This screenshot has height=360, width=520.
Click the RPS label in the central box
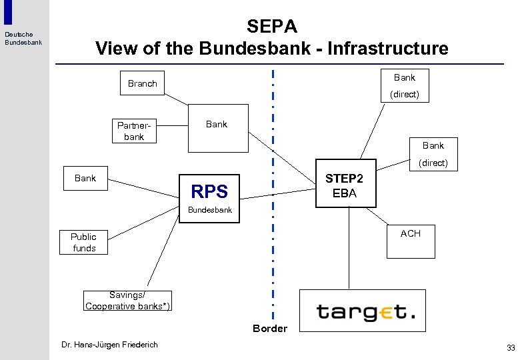pyautogui.click(x=209, y=192)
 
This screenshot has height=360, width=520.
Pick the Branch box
pyautogui.click(x=143, y=83)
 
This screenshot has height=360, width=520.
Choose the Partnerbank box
pyautogui.click(x=134, y=131)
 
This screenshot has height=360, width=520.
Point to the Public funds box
pyautogui.click(x=83, y=242)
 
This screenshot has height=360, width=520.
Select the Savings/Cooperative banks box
pyautogui.click(x=127, y=301)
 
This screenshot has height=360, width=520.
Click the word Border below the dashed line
pyautogui.click(x=270, y=328)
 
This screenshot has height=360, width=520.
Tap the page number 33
pyautogui.click(x=511, y=347)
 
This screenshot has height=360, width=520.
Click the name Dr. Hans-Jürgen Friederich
pyautogui.click(x=109, y=345)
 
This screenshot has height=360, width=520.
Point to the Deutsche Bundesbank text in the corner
pyautogui.click(x=23, y=39)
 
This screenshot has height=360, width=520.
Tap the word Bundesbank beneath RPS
pyautogui.click(x=209, y=210)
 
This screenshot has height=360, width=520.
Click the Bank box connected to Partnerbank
pyautogui.click(x=218, y=128)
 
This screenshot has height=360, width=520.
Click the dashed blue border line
pyautogui.click(x=273, y=200)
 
